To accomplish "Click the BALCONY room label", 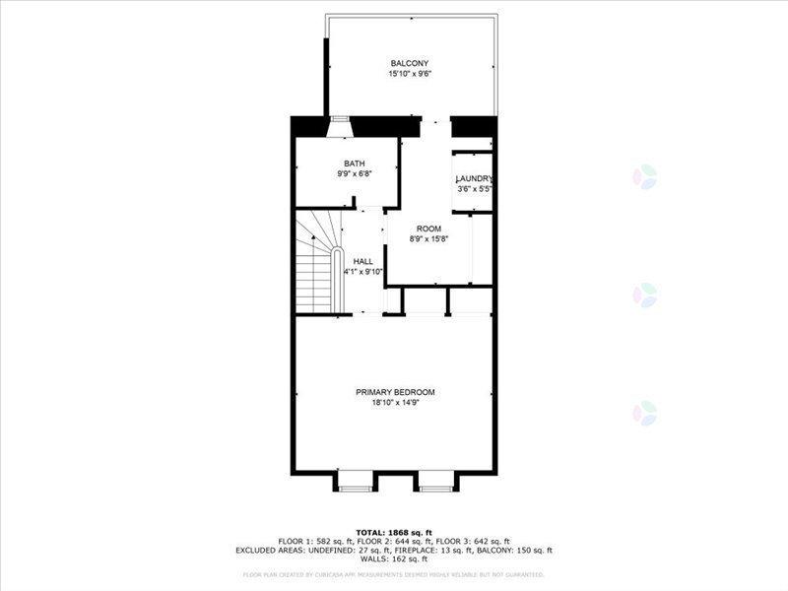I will point(409,63).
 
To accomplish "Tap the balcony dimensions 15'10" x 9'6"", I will point(409,74).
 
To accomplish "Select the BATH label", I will point(355,164).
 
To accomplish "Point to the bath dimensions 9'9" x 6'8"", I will point(355,173).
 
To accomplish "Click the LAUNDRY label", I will point(474,178).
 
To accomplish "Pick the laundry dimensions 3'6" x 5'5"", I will point(474,188).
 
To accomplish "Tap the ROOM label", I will point(427,229).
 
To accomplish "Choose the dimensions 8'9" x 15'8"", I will point(427,238).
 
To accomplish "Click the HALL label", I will point(363,261).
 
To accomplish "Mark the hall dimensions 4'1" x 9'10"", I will point(363,271).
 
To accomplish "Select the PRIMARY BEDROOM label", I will point(395,392).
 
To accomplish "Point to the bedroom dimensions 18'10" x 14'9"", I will point(395,402).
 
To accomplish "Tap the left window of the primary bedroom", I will point(355,482).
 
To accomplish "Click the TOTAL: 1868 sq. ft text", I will point(394,532).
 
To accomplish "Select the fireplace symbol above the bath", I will point(339,127).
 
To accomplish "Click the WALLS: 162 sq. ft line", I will point(394,559).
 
